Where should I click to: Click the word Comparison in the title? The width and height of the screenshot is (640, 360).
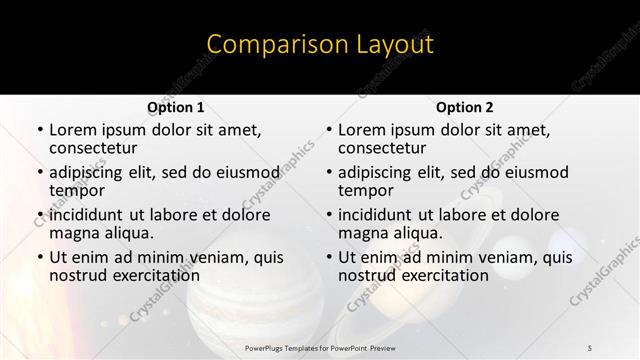click(267, 45)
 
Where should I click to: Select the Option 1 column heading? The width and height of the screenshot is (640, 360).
click(176, 107)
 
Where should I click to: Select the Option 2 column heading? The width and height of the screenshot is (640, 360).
click(465, 107)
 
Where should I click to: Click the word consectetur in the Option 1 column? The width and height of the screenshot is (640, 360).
click(95, 148)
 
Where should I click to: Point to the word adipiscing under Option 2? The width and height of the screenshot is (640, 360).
click(377, 172)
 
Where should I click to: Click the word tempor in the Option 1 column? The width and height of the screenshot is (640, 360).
click(77, 190)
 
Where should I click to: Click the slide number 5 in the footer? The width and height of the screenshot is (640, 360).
click(590, 347)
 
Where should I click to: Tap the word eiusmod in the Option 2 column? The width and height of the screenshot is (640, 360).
click(533, 172)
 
